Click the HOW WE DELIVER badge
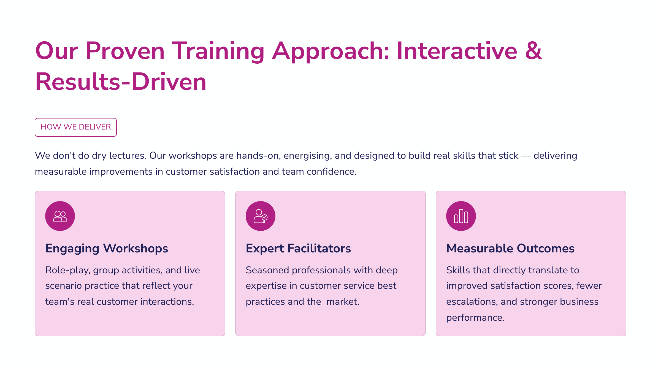(x=76, y=127)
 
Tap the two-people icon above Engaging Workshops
(x=60, y=216)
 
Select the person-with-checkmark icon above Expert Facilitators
(x=261, y=216)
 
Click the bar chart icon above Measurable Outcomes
(x=461, y=216)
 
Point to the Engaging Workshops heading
(x=107, y=249)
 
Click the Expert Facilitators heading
(x=298, y=249)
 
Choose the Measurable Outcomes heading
(x=510, y=249)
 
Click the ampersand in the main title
(x=533, y=51)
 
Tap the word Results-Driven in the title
(x=121, y=82)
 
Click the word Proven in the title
(x=125, y=51)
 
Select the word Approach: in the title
(x=330, y=51)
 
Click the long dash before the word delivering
(x=526, y=156)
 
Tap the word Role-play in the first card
(x=68, y=270)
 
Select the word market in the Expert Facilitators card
(x=343, y=302)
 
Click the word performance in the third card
(x=475, y=318)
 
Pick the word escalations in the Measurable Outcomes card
(x=472, y=302)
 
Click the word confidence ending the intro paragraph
(x=331, y=172)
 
